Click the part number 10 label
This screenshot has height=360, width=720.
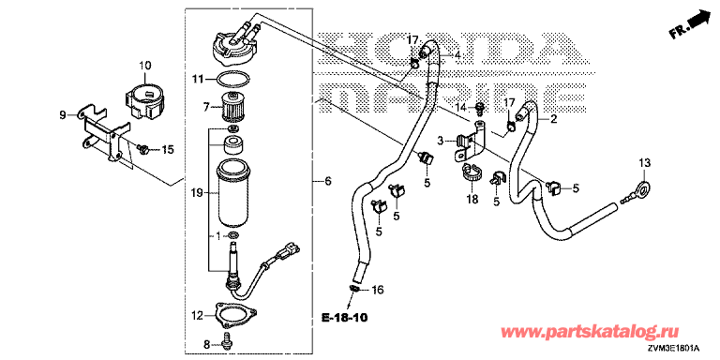point(144,66)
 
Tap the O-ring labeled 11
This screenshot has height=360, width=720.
point(232,79)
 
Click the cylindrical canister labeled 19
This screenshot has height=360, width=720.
point(233,192)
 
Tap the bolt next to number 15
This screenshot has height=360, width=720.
point(142,148)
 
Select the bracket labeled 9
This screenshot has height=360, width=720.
point(101,134)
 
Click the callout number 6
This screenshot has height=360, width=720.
point(327,182)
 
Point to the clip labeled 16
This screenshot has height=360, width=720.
point(354,289)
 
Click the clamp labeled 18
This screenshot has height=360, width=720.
point(472,172)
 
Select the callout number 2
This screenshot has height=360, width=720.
point(553,119)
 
